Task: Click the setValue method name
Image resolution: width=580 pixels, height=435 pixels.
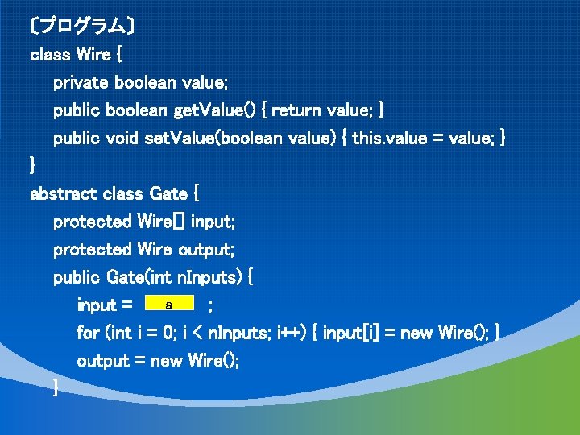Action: click(173, 139)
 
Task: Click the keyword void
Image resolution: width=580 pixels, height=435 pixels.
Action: click(122, 139)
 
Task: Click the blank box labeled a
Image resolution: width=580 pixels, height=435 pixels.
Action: click(168, 304)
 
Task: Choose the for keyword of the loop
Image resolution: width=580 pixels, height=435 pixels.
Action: click(88, 333)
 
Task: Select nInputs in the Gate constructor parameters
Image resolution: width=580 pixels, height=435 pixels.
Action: click(209, 277)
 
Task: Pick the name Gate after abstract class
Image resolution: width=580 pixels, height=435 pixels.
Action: click(168, 194)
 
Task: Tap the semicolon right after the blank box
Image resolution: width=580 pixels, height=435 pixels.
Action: click(210, 305)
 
